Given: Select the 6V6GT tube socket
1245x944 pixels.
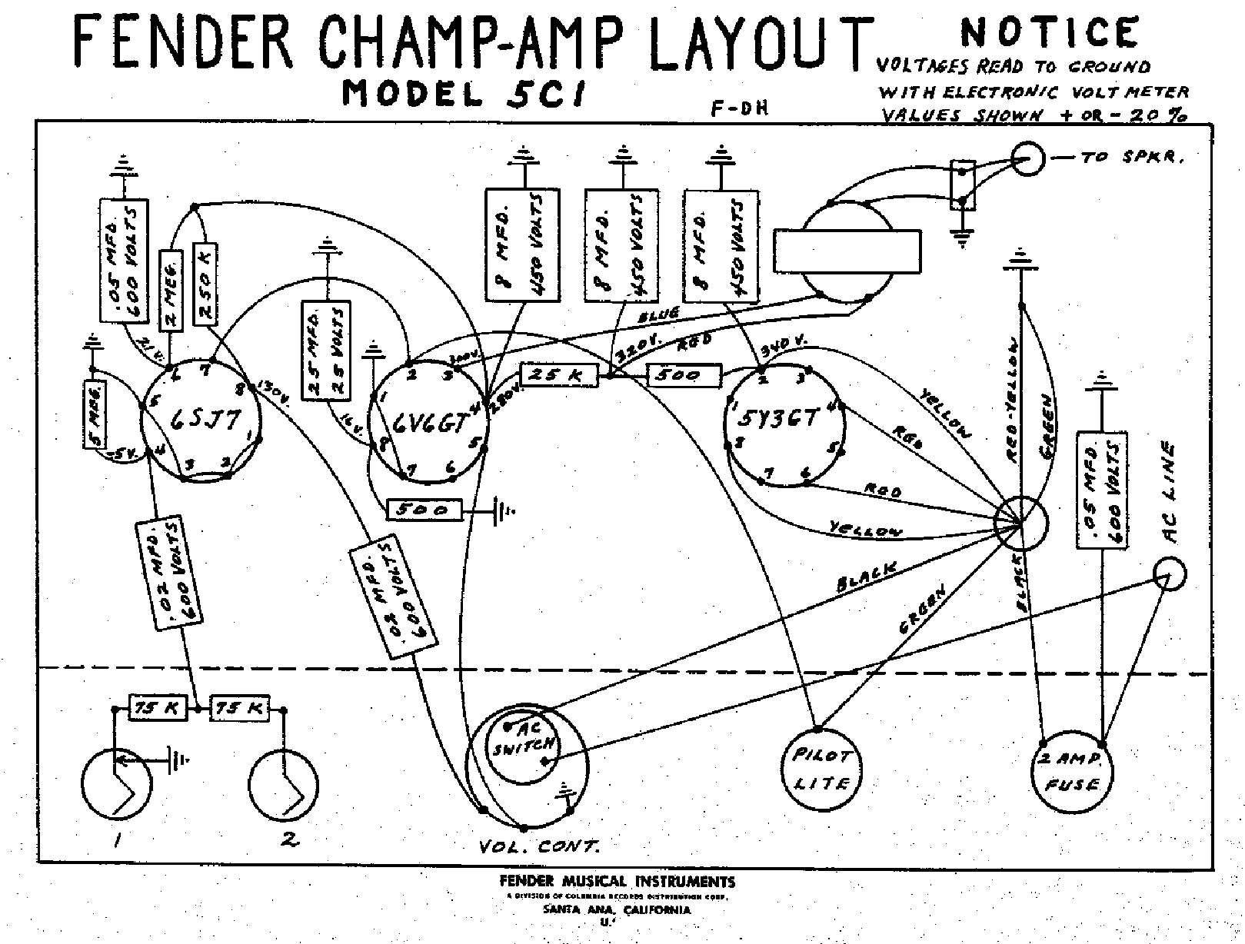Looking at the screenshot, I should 428,423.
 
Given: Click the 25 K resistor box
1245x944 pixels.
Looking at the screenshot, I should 558,375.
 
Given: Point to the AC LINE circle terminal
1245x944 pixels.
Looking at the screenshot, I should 1170,574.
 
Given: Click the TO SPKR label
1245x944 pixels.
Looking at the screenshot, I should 1130,158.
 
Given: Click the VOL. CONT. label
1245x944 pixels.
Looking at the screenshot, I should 539,847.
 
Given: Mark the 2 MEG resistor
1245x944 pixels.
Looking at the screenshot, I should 171,284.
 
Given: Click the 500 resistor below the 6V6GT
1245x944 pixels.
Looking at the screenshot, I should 426,510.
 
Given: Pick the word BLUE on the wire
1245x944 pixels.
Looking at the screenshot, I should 658,315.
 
